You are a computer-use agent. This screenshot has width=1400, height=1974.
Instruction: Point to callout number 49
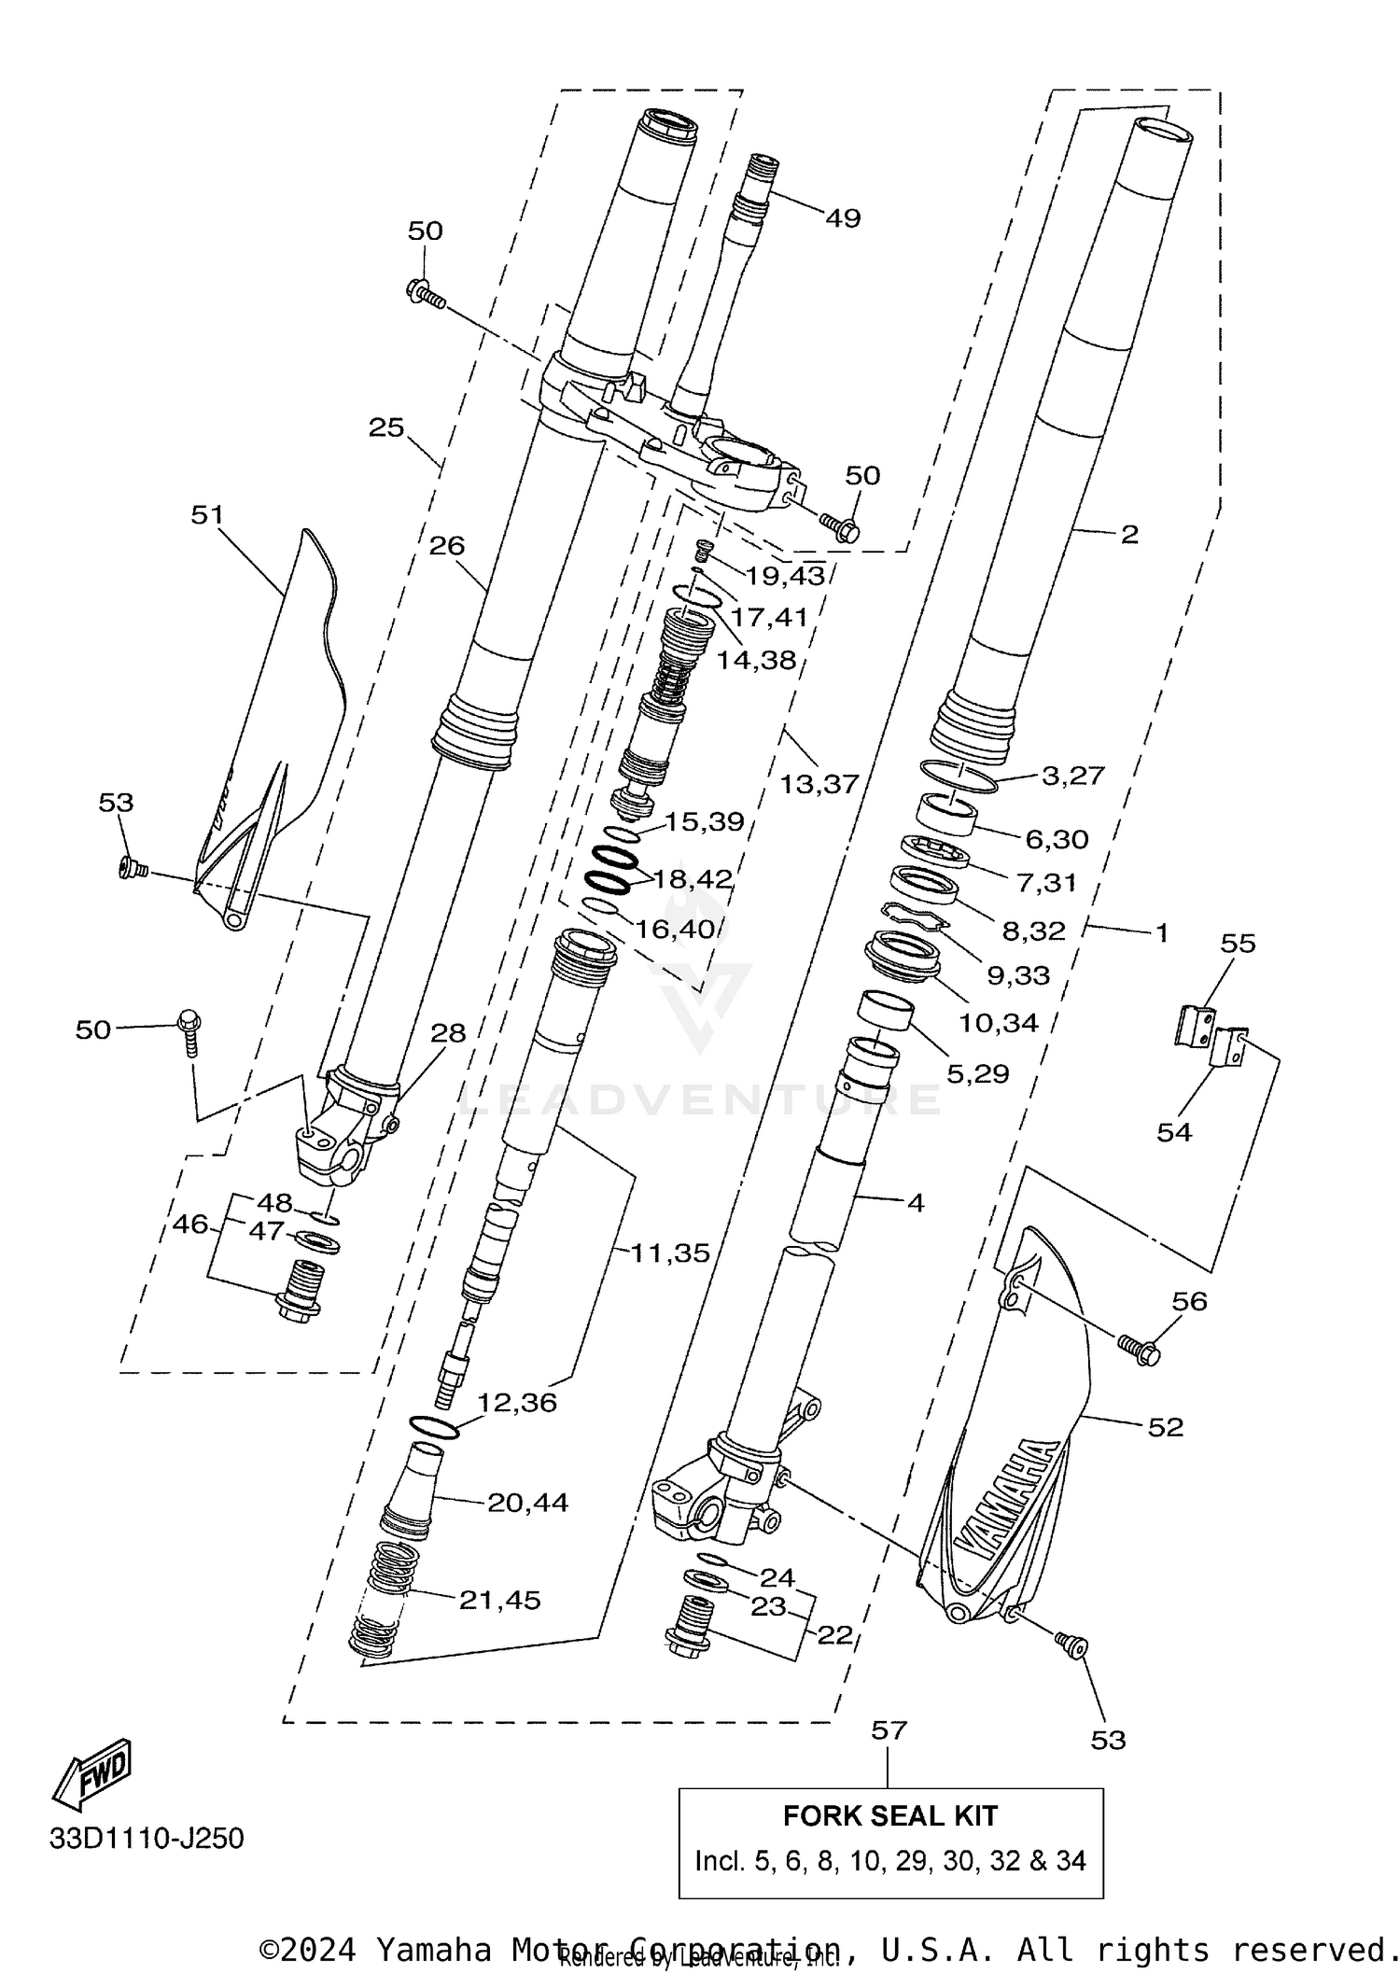click(x=842, y=218)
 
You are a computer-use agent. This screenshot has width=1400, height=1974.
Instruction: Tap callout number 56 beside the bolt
click(x=1189, y=1301)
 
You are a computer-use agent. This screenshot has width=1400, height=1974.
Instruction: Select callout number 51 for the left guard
click(x=207, y=514)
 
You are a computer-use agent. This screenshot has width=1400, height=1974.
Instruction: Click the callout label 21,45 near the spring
click(x=499, y=1600)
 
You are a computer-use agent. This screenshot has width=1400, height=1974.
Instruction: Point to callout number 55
click(x=1239, y=943)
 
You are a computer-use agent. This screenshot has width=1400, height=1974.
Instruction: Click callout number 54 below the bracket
click(x=1174, y=1132)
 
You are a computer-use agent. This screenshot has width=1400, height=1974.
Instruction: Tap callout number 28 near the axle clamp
click(x=448, y=1032)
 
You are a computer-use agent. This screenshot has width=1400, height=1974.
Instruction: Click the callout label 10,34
click(x=998, y=1023)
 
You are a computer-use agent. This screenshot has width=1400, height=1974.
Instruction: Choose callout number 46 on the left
click(x=190, y=1224)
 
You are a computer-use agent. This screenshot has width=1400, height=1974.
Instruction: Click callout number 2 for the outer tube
click(x=1129, y=535)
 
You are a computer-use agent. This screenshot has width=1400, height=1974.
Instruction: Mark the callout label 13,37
click(x=819, y=784)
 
